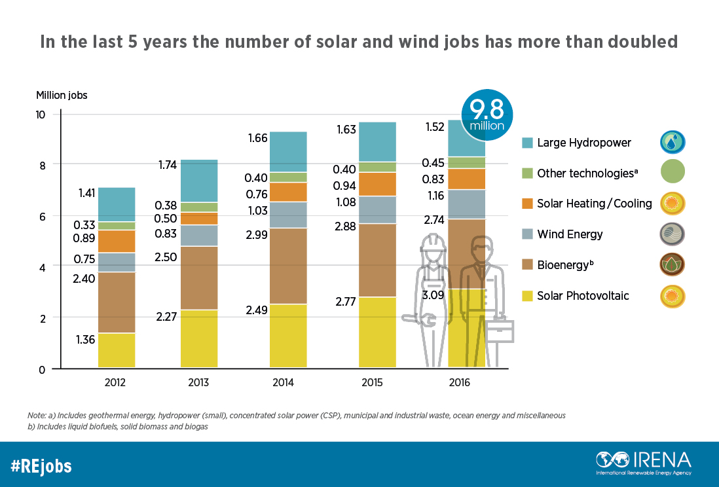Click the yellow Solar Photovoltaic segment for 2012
117,350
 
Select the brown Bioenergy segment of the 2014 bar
288,266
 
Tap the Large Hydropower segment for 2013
199,180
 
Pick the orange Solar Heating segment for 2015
377,184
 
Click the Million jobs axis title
62,94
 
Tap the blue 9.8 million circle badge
487,113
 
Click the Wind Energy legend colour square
528,234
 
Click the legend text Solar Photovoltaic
583,296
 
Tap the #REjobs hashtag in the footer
41,466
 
